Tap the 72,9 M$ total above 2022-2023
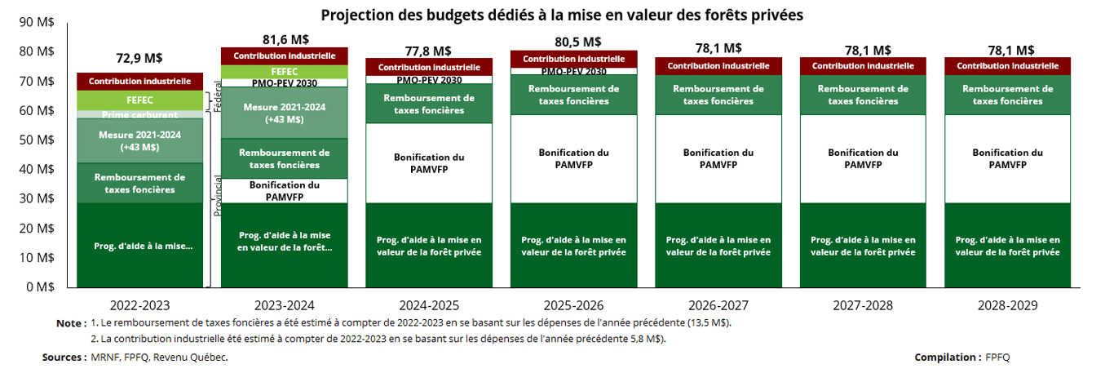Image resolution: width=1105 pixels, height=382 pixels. (x=139, y=58)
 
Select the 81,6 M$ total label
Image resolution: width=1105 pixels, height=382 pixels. (x=285, y=39)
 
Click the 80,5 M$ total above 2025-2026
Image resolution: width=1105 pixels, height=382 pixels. (x=573, y=42)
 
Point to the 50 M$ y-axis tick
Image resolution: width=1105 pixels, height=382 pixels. (x=37, y=140)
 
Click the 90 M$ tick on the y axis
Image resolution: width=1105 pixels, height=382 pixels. (x=37, y=22)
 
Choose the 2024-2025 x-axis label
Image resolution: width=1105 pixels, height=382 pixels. (x=429, y=306)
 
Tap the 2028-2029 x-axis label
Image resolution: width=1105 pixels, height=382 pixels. (x=1007, y=306)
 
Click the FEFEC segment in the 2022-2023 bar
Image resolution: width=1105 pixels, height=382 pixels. (x=139, y=100)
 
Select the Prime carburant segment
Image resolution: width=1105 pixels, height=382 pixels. (x=139, y=114)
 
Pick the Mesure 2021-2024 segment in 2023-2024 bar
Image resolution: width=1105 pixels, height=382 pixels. (x=284, y=112)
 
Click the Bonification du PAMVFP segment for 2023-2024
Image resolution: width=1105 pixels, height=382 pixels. (x=284, y=190)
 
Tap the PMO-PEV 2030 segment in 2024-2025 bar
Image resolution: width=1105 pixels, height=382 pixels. (x=429, y=79)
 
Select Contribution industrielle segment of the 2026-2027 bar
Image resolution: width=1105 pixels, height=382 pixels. (x=718, y=65)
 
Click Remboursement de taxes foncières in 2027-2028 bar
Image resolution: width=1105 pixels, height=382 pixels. (x=863, y=95)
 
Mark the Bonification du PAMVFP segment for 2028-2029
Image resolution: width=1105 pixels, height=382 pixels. (x=1007, y=158)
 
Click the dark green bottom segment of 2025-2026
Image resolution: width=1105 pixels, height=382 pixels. (x=573, y=246)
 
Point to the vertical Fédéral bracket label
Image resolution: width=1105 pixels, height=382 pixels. (x=218, y=95)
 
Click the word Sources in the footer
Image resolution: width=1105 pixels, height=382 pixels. (x=64, y=358)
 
